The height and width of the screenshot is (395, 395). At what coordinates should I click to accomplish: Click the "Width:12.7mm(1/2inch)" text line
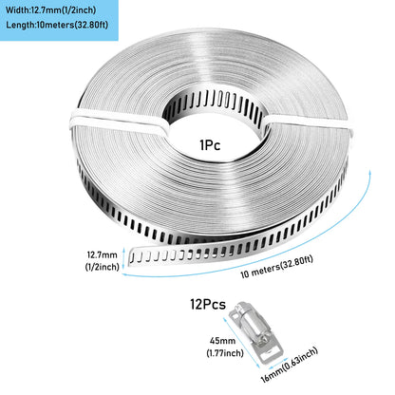(50, 10)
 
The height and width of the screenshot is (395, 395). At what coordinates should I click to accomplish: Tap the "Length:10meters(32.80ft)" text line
(57, 25)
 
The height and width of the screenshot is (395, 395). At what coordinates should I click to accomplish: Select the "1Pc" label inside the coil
(210, 145)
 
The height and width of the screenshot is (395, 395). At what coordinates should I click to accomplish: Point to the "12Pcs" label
(208, 304)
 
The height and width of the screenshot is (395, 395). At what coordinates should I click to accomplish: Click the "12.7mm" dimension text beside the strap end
(102, 255)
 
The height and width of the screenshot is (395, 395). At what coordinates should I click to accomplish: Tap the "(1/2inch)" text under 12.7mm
(102, 267)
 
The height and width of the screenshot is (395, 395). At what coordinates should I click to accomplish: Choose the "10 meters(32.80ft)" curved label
(277, 267)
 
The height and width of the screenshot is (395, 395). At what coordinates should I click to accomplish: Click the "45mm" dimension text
(223, 341)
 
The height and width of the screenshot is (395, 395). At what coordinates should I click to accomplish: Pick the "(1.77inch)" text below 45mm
(225, 352)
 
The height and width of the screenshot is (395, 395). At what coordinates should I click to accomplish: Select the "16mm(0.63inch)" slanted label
(289, 365)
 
